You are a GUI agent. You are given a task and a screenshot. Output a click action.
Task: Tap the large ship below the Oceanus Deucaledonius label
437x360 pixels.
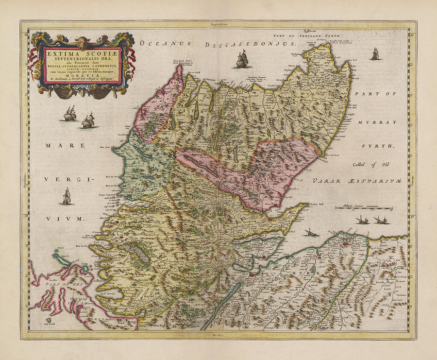[x=241, y=60]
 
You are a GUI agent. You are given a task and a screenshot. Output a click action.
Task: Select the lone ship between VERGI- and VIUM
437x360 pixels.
[x=67, y=196]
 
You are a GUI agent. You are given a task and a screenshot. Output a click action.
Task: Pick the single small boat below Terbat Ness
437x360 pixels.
[x=311, y=232]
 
